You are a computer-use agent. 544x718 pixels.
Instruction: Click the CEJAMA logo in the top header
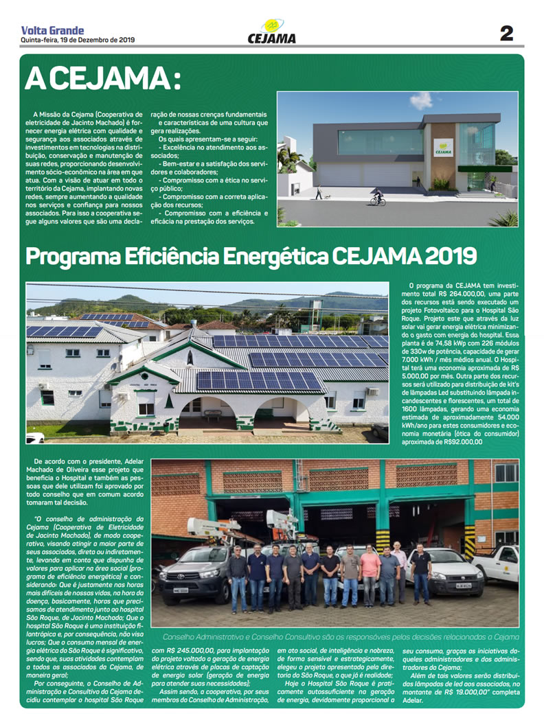pos(271,32)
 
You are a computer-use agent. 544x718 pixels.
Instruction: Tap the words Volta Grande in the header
pos(53,30)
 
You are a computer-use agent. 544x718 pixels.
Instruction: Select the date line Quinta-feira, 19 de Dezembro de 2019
pos(78,39)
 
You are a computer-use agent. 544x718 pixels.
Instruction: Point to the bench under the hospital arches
pos(213,415)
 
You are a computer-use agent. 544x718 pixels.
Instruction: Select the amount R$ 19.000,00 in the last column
pos(473,695)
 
